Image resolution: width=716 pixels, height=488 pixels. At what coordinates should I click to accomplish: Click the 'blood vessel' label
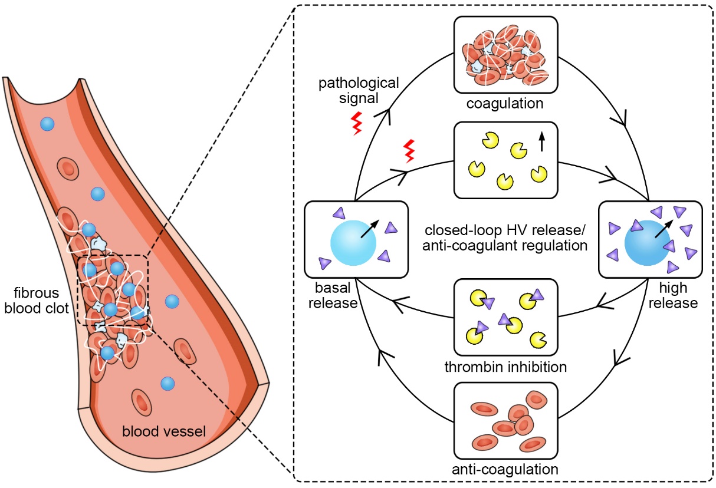(x=163, y=431)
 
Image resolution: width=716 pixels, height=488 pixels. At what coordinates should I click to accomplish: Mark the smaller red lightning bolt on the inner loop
(x=408, y=151)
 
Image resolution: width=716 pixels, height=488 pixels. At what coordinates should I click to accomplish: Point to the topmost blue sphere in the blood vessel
(x=47, y=124)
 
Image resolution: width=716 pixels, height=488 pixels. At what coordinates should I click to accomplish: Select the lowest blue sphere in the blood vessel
(x=168, y=384)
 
